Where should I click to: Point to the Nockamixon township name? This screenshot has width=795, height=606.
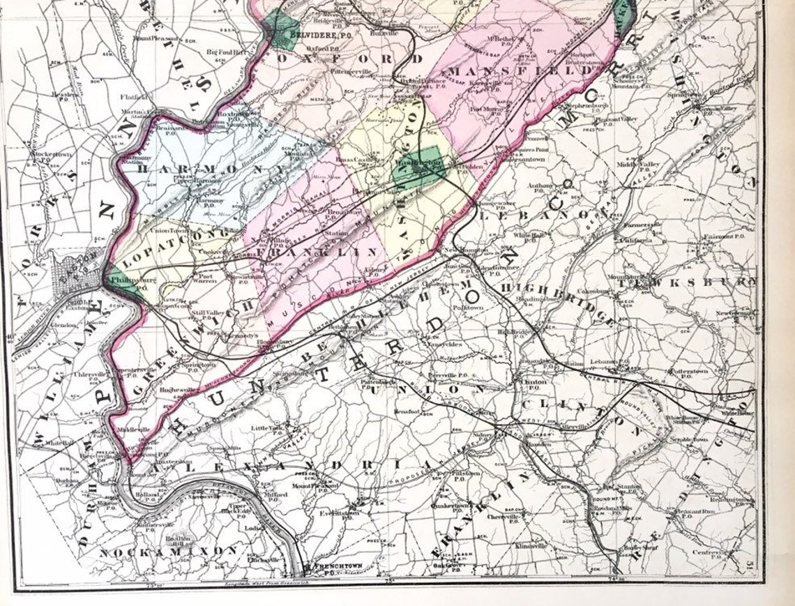(167, 551)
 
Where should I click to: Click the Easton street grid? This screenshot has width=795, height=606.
(78, 269)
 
